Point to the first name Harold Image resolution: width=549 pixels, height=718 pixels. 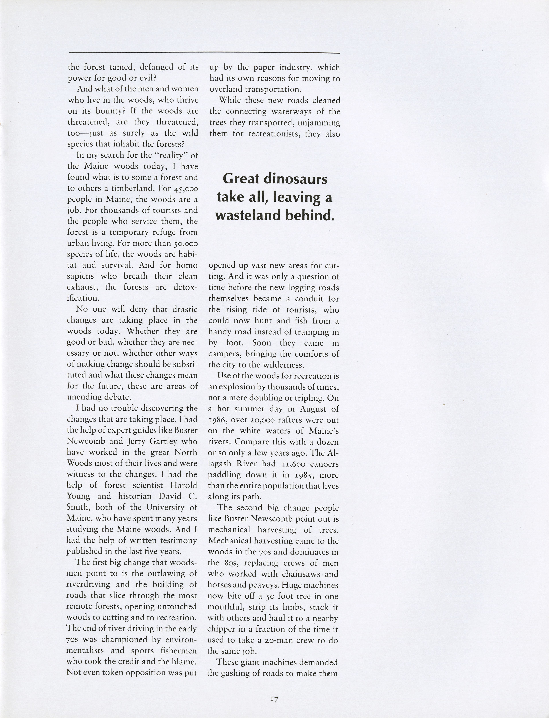pyautogui.click(x=183, y=485)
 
